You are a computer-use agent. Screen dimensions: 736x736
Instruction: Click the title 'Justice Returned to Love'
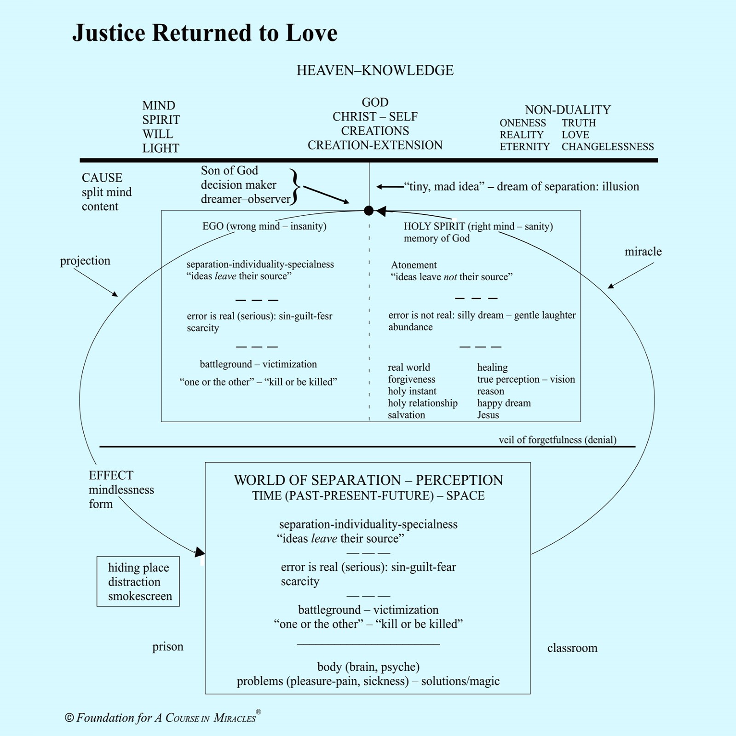pos(205,33)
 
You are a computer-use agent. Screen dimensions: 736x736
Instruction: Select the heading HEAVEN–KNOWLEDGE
pos(375,70)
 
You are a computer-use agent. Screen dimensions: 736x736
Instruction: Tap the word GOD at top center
pos(375,102)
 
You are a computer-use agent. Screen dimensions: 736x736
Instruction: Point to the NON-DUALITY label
pos(568,110)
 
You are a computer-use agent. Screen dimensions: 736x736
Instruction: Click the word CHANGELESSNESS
pos(607,147)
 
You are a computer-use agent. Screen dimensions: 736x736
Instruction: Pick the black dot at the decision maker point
pos(368,211)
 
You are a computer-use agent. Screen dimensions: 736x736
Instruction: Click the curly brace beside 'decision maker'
pos(295,186)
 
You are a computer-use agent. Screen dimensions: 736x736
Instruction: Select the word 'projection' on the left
pos(85,261)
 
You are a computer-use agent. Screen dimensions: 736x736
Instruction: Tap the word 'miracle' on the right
pos(643,252)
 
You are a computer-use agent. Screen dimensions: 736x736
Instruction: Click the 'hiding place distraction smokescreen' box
pos(138,581)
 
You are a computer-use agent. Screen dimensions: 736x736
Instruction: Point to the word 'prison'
pos(167,647)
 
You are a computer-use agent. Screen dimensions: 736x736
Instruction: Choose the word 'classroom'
pos(572,648)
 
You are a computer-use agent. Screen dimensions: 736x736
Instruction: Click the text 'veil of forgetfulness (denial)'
pos(557,440)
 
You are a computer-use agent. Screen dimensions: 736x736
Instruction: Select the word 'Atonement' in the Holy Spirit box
pos(414,265)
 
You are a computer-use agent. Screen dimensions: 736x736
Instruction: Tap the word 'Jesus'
pos(488,415)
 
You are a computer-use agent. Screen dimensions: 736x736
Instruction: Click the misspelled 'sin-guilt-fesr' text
pos(305,316)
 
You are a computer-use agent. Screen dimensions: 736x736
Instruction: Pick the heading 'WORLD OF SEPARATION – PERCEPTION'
pos(368,480)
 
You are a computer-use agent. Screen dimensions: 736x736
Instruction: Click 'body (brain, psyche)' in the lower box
pos(368,667)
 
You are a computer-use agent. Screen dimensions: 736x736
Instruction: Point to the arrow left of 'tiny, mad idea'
pos(390,187)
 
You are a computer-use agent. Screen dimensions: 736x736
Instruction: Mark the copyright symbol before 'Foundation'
pos(69,718)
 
